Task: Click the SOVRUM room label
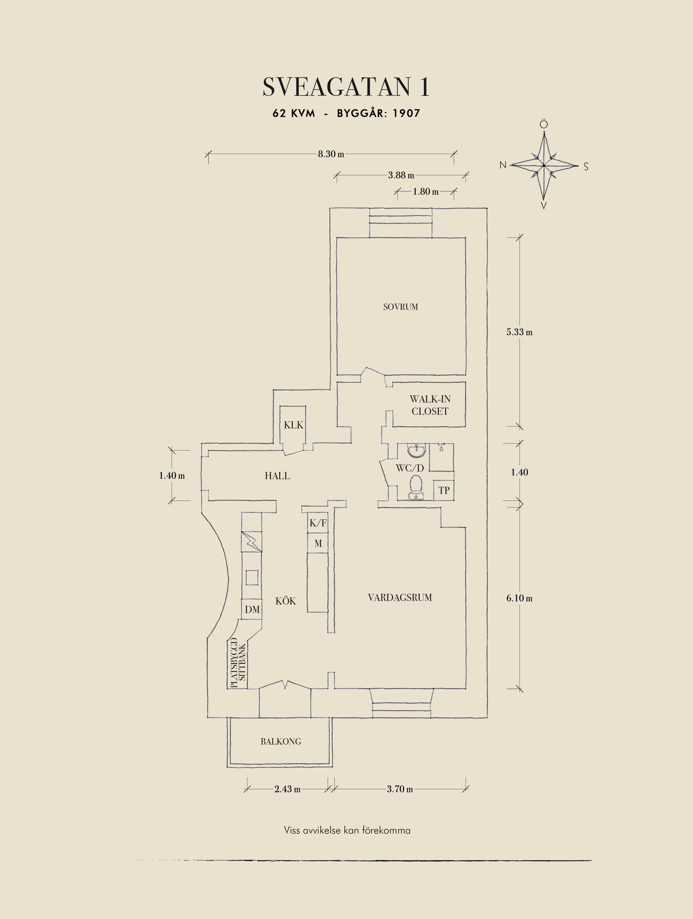point(400,307)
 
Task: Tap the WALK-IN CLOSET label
point(430,405)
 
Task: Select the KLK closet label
point(294,425)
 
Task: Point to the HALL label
point(277,476)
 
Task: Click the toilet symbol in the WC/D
point(416,487)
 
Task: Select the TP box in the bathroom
point(444,490)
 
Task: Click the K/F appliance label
point(318,523)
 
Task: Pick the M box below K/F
point(318,543)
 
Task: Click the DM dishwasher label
point(252,609)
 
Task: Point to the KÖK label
point(286,601)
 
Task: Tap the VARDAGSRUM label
point(400,597)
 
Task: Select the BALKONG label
point(281,742)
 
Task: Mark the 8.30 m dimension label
point(331,154)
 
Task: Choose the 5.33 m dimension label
point(519,332)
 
